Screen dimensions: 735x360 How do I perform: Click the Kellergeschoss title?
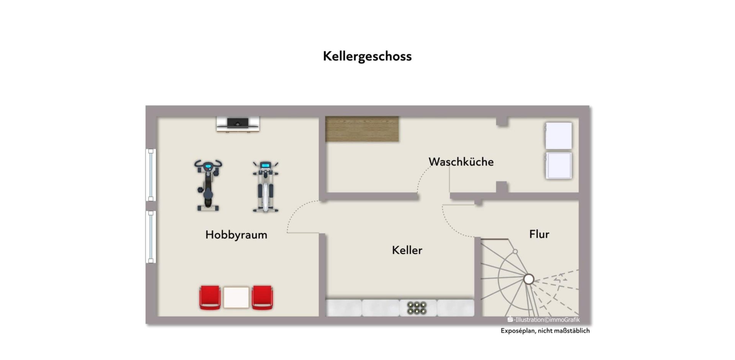click(367, 57)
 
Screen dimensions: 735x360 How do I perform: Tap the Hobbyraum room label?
click(236, 235)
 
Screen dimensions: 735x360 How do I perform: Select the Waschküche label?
click(461, 162)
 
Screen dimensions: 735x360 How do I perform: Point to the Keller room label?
click(407, 250)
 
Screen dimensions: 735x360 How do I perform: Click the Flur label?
click(539, 234)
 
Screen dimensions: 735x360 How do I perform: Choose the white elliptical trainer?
click(265, 187)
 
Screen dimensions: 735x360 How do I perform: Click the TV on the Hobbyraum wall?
click(238, 124)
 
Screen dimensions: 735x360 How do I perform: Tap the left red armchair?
click(210, 298)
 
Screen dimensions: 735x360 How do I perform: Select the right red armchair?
click(262, 298)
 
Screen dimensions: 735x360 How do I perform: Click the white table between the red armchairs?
click(236, 298)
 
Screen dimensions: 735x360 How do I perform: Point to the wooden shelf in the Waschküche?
click(362, 129)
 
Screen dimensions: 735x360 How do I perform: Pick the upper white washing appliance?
click(559, 136)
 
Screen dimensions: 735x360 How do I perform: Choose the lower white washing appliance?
click(559, 166)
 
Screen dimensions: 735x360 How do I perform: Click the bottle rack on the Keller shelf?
click(417, 308)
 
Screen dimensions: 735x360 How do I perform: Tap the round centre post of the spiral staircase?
click(529, 279)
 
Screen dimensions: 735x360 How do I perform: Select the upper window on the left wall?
click(151, 175)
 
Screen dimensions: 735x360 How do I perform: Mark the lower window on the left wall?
click(151, 237)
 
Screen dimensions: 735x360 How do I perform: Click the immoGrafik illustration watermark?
click(543, 320)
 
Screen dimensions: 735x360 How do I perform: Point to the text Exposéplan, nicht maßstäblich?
click(545, 331)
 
